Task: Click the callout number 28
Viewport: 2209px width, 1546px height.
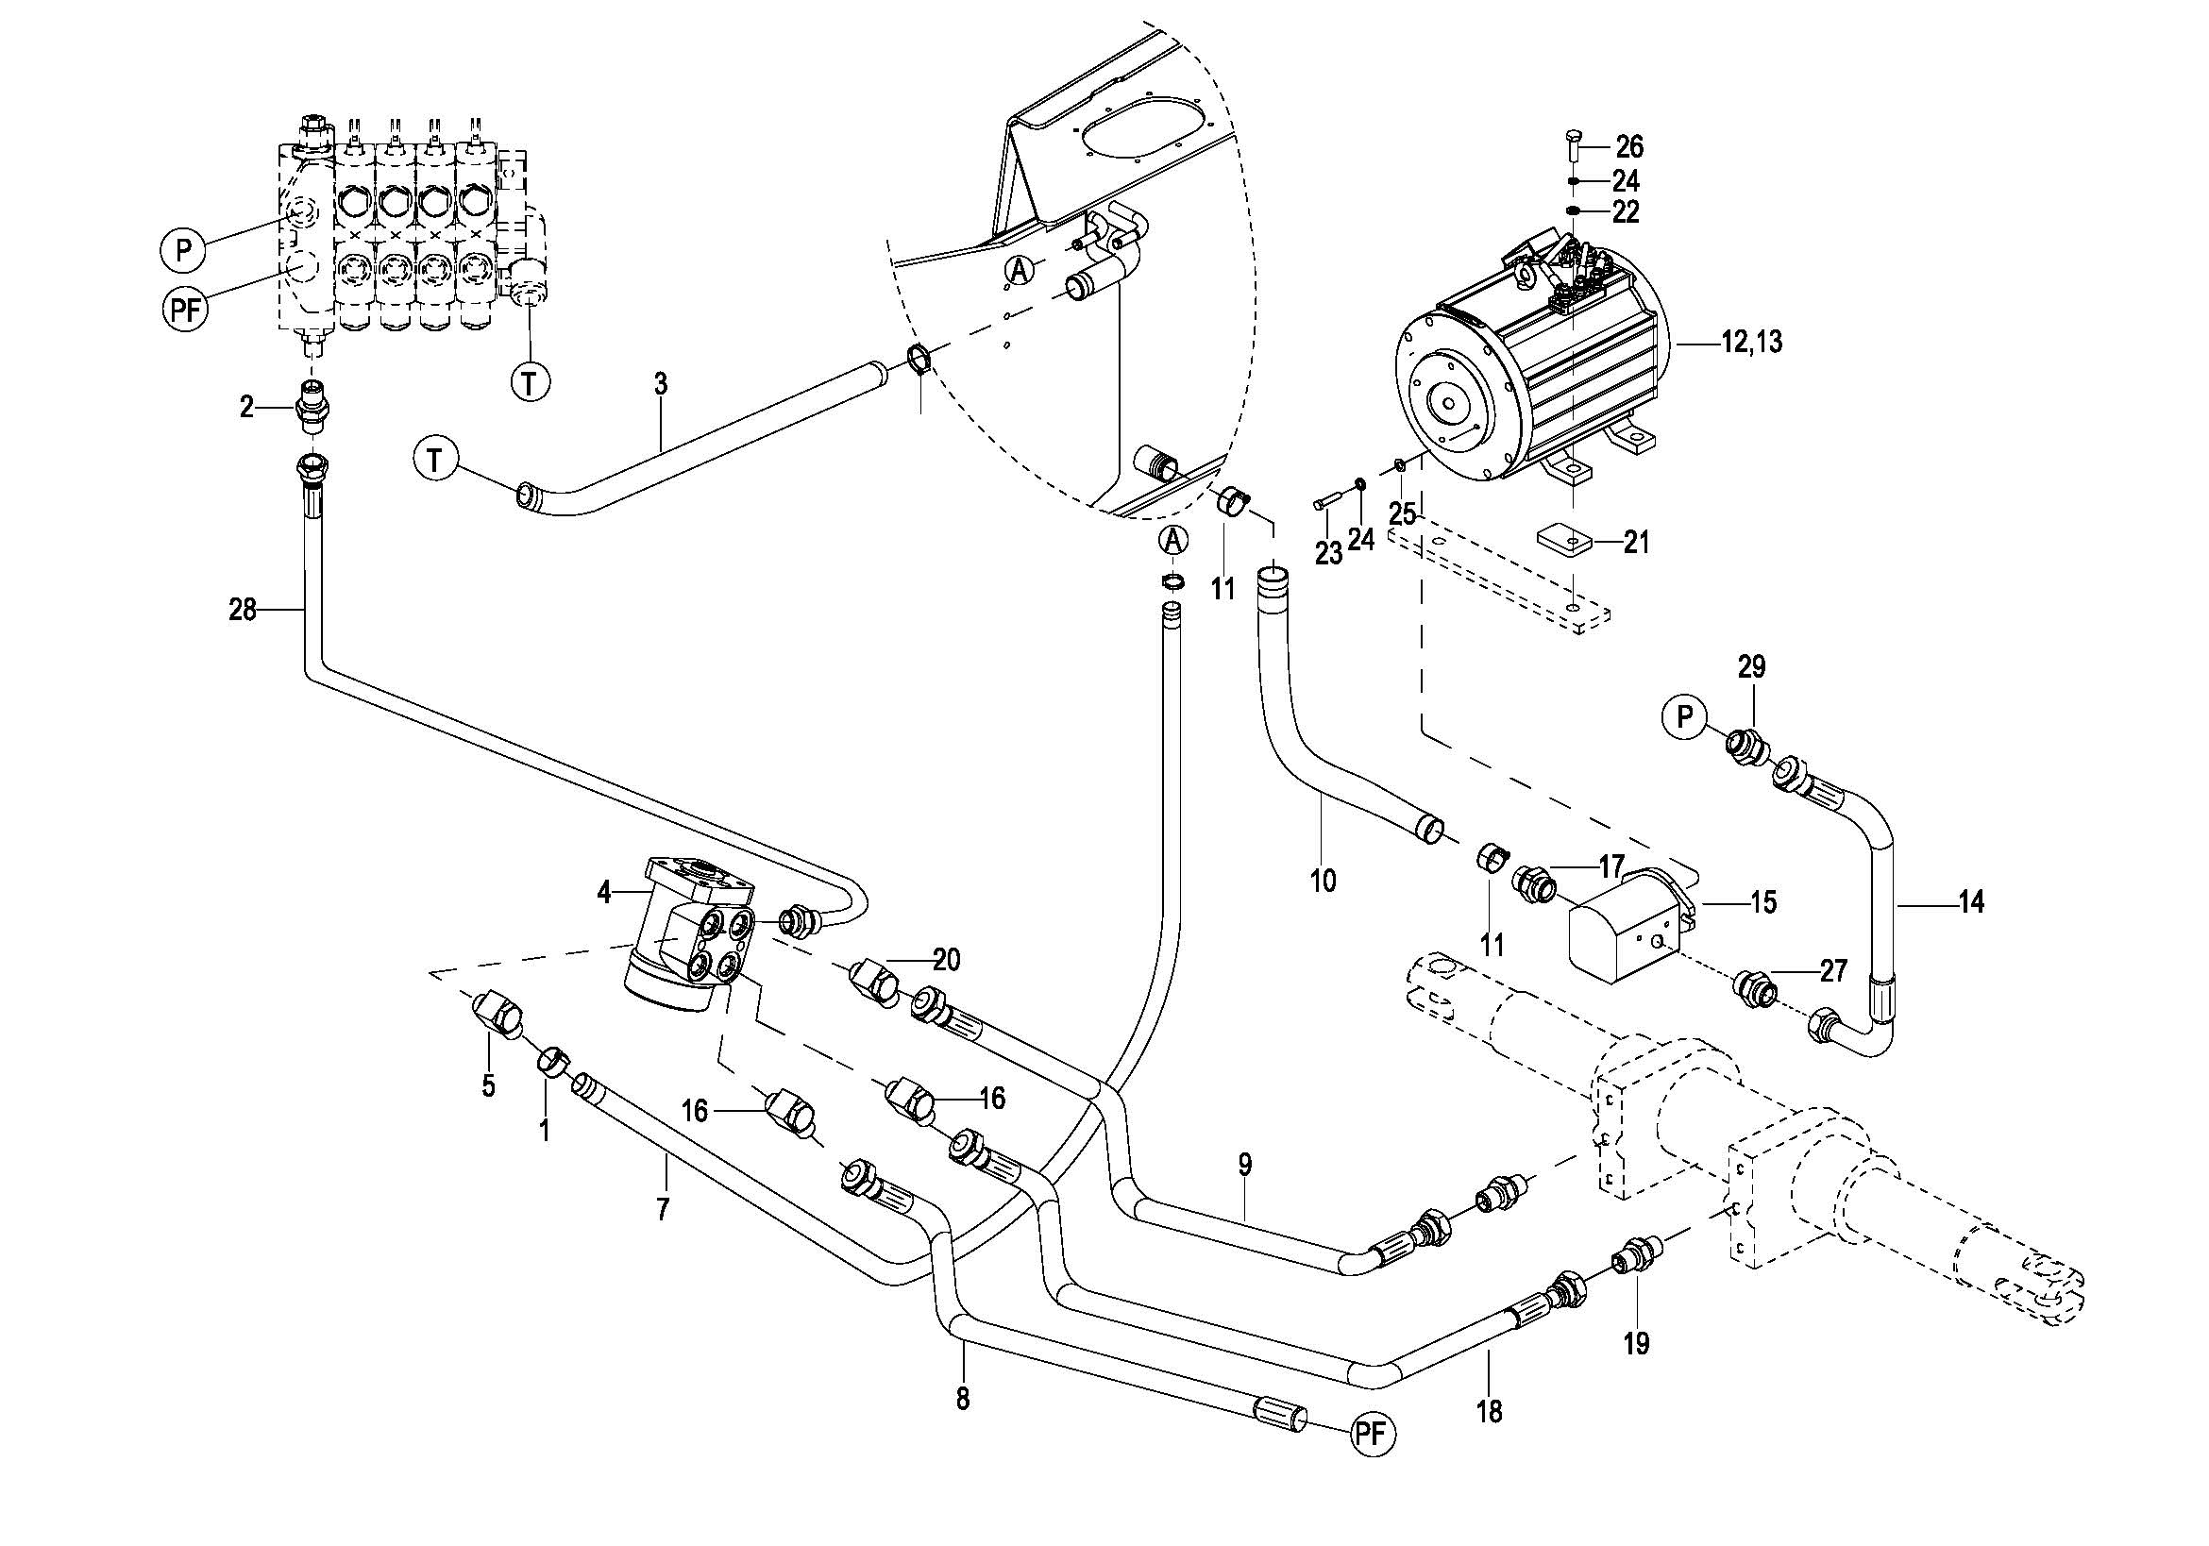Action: pos(243,609)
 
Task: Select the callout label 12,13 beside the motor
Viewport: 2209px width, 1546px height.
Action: pos(1752,343)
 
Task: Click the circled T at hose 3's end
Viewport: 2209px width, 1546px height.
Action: pos(436,461)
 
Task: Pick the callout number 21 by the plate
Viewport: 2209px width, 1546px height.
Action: pos(1636,543)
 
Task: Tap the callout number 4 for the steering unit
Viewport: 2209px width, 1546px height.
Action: pos(604,893)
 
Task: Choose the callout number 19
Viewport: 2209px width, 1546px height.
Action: pos(1637,1343)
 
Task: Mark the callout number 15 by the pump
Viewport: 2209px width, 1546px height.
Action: pos(1762,902)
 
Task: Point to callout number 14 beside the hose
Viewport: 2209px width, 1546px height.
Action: pos(1970,902)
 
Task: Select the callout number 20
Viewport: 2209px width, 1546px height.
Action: pos(947,960)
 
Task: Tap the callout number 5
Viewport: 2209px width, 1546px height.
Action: pos(489,1086)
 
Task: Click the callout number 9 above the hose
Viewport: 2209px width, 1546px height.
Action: pos(1245,1165)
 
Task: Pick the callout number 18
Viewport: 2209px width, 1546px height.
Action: pos(1489,1412)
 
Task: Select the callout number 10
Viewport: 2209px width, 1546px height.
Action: pos(1323,880)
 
